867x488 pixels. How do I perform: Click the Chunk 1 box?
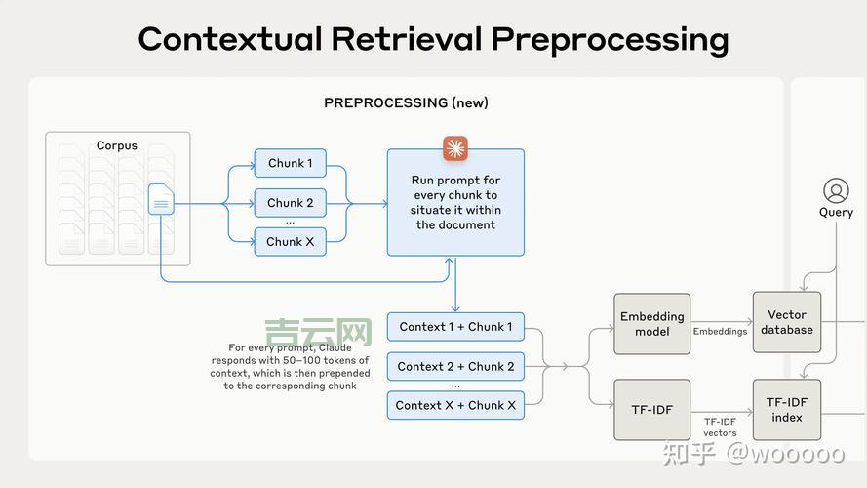click(x=290, y=163)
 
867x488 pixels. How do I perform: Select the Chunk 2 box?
click(x=290, y=203)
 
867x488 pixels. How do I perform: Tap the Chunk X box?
click(x=290, y=241)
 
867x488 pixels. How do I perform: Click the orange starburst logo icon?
click(x=455, y=148)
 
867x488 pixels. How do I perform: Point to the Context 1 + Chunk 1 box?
click(x=455, y=327)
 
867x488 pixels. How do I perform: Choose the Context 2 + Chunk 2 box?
click(x=455, y=366)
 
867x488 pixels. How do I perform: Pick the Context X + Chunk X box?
click(x=455, y=405)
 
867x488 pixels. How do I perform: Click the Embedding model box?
click(x=651, y=324)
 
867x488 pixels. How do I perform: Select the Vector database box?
click(x=786, y=322)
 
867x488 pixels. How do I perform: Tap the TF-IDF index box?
click(x=786, y=410)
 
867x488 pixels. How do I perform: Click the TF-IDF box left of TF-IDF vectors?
click(x=651, y=410)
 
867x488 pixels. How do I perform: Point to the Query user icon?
click(x=836, y=189)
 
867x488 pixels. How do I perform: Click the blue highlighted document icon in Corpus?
click(x=161, y=199)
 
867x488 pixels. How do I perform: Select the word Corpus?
click(x=117, y=146)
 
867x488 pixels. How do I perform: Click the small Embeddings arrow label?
click(x=720, y=332)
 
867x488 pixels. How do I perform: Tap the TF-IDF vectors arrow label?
click(x=721, y=427)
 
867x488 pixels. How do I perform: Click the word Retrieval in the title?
click(x=407, y=39)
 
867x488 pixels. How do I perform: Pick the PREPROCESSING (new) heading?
click(x=406, y=102)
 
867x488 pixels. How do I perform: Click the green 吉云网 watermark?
click(x=319, y=333)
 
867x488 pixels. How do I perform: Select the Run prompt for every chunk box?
click(x=455, y=203)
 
